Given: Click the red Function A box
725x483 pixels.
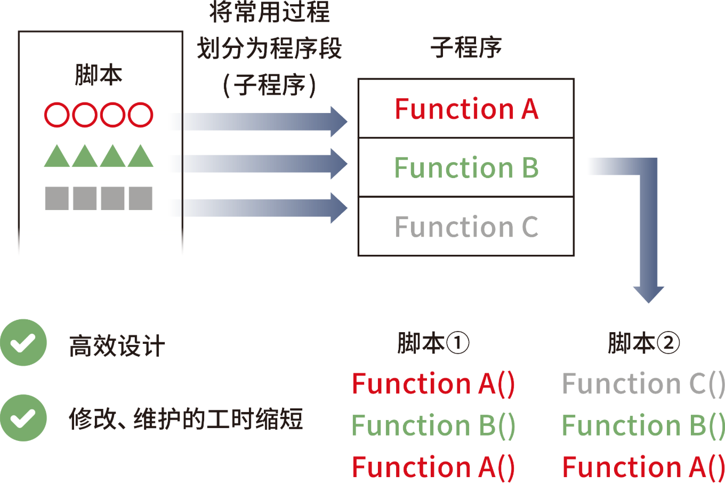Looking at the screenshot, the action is point(466,108).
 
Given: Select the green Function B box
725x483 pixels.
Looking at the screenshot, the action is point(466,167).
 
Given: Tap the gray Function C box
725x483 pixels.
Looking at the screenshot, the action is point(466,226).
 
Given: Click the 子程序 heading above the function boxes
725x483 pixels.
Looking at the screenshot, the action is point(466,47).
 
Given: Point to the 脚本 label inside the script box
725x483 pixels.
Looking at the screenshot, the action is point(99,75).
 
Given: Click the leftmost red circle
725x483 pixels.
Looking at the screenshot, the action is point(57,115).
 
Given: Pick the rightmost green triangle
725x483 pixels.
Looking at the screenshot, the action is point(141,156).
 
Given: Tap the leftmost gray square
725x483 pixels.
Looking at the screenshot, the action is point(57,198).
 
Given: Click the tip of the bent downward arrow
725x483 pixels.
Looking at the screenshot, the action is point(649,303).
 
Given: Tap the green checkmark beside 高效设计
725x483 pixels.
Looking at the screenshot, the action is point(23,342).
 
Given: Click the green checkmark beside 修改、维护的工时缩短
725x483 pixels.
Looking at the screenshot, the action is point(23,418).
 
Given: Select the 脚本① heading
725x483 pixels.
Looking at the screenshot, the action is point(433,343).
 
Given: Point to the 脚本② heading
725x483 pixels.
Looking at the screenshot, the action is point(644,343).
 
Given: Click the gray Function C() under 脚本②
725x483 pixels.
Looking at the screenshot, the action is point(643,384).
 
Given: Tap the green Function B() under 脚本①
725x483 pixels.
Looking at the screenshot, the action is point(433,425).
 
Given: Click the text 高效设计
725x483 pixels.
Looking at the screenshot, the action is point(117,346).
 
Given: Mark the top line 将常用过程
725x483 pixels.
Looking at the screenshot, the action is point(270,12).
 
